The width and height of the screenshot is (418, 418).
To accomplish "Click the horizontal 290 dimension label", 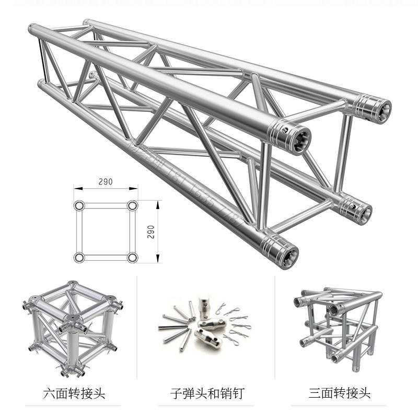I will [x=106, y=182].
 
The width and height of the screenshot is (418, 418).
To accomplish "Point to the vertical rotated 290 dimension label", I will [x=151, y=231].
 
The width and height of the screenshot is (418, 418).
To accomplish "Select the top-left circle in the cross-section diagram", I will [x=79, y=205].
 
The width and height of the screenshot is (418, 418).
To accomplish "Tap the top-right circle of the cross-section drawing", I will [x=132, y=205].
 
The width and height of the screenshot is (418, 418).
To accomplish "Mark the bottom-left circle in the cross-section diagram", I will [x=79, y=257].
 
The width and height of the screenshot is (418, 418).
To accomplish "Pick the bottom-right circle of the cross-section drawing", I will [x=132, y=257].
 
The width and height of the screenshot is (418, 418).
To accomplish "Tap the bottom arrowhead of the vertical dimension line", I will [x=157, y=259].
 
